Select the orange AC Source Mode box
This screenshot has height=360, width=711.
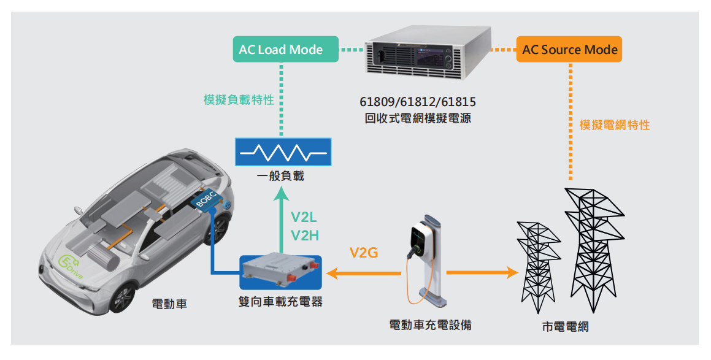[569, 50]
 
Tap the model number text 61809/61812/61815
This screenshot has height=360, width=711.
[418, 102]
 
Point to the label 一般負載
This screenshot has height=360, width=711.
[281, 177]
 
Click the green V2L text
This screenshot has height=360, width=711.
[304, 216]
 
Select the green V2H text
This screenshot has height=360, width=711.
[305, 235]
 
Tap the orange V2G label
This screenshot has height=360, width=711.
[364, 252]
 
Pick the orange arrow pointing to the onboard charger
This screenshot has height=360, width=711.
[362, 272]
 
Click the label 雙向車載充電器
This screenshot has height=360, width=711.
[280, 301]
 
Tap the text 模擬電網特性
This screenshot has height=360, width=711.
[614, 125]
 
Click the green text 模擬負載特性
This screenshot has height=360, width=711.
[239, 99]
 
